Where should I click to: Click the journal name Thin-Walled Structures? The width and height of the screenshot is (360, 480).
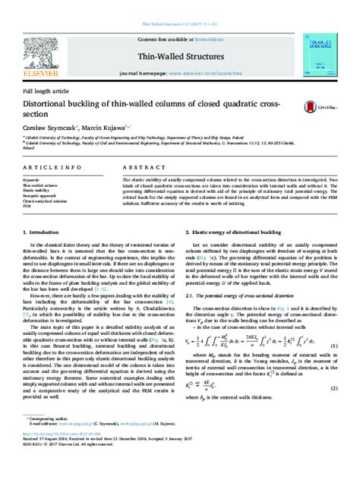pyautogui.click(x=179, y=56)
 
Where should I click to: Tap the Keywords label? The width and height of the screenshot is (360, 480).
pyautogui.click(x=32, y=180)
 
